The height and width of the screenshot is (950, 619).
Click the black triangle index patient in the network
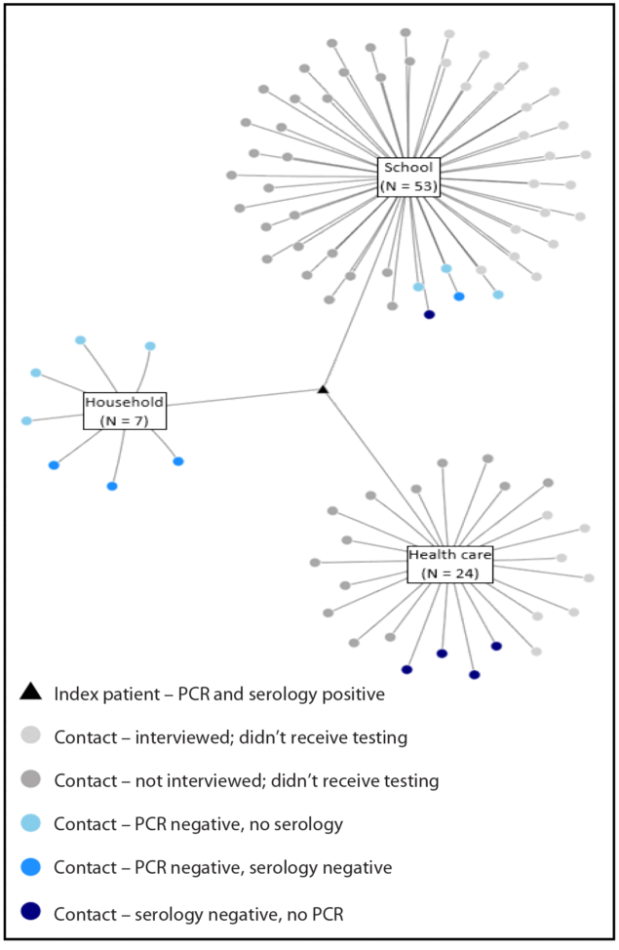click(323, 390)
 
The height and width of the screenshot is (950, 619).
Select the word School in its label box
click(408, 168)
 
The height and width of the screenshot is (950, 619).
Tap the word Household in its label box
click(124, 402)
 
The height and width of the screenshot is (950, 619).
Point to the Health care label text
click(449, 554)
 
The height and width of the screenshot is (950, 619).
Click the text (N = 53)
click(408, 185)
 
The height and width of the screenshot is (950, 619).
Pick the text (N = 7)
click(124, 419)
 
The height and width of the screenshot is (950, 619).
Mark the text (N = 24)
click(449, 573)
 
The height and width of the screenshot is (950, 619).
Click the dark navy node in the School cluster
click(429, 314)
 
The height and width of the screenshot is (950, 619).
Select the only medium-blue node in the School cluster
click(459, 296)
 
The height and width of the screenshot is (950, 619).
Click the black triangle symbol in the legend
click(31, 693)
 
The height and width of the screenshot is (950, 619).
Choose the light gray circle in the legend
click(31, 736)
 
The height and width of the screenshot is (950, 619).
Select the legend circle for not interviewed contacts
click(31, 780)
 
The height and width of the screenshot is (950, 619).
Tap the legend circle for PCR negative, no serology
click(31, 824)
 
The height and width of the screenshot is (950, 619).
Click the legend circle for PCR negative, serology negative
click(31, 867)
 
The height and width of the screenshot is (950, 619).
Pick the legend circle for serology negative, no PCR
click(31, 911)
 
